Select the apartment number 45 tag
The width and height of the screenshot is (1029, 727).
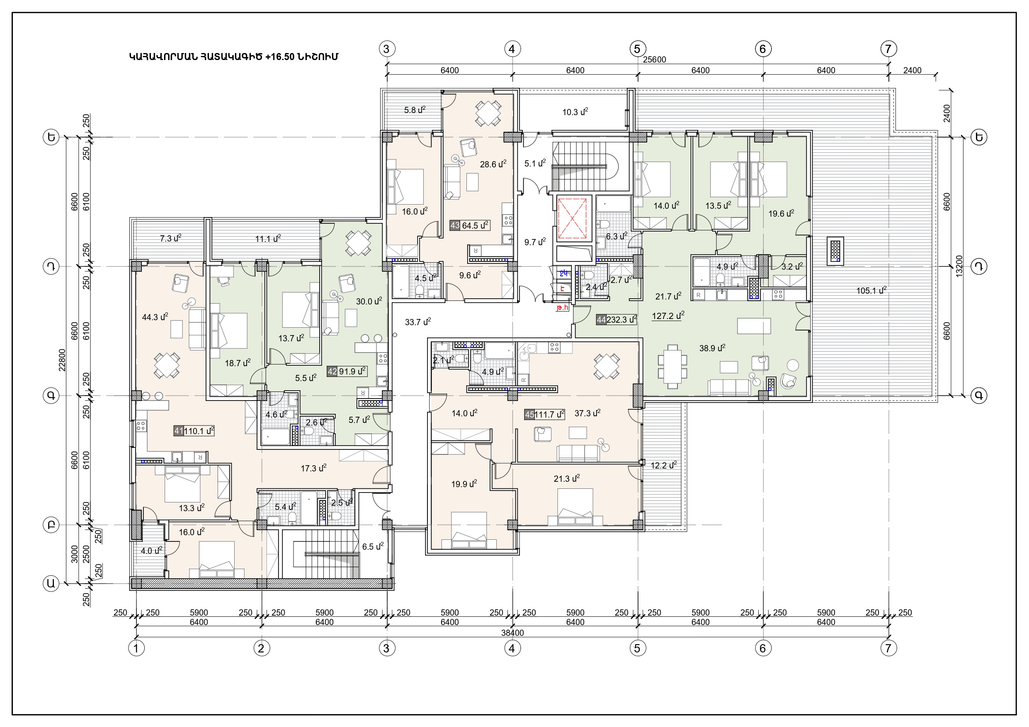[529, 415]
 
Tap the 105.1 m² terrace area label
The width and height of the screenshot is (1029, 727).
[871, 291]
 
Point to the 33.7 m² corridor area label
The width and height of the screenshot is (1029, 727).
[418, 322]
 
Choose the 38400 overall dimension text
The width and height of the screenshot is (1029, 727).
[512, 633]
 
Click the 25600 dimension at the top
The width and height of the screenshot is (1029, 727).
[654, 60]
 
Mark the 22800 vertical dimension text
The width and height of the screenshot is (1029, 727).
[62, 360]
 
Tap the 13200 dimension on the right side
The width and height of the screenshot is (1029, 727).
[959, 266]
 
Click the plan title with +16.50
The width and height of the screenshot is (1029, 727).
[233, 57]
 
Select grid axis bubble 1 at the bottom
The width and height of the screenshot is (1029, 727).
[136, 648]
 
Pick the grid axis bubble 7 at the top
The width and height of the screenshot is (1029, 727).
[888, 48]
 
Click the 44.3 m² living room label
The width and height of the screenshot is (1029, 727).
[155, 317]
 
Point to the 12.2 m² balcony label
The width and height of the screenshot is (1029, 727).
[663, 466]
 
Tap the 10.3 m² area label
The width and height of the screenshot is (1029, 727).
[575, 112]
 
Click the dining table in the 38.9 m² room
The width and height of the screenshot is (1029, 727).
[672, 367]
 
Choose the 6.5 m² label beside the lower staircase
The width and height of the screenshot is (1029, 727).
[373, 546]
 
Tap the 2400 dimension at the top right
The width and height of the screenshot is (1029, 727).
[912, 70]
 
